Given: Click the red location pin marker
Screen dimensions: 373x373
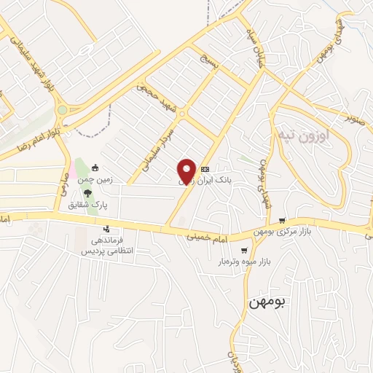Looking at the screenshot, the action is pos(187,170).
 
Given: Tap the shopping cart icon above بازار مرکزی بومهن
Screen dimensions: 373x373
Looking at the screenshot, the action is pos(282,220).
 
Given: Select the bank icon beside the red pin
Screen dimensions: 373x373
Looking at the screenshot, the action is pos(215,169).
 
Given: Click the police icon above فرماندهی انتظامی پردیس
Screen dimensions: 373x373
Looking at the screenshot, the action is pos(106,228).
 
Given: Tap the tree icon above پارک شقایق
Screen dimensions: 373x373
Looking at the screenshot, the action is pos(87,193).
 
